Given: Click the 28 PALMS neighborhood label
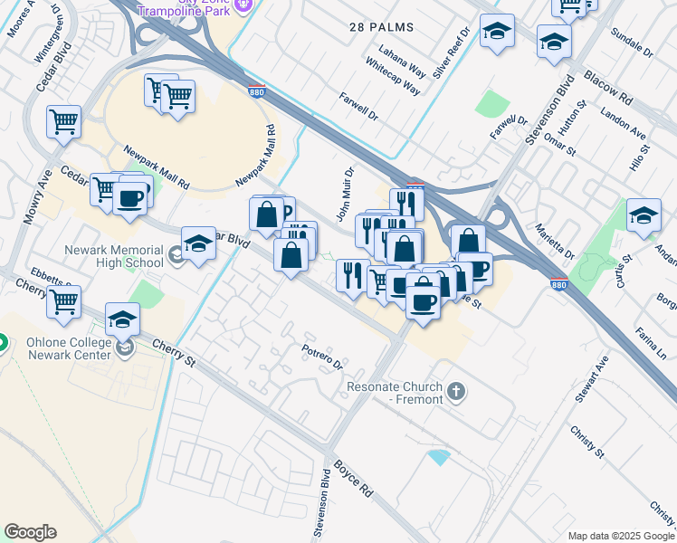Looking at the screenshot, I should click(x=381, y=27).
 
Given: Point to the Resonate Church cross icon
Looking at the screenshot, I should click(x=457, y=393).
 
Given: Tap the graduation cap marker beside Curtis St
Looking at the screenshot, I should click(x=644, y=216).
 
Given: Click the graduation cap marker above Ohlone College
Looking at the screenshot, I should click(x=123, y=319).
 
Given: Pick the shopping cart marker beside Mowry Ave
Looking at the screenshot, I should click(x=63, y=120).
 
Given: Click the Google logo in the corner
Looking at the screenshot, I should click(x=30, y=531).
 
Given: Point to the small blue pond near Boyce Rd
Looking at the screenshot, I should click(x=439, y=457).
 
